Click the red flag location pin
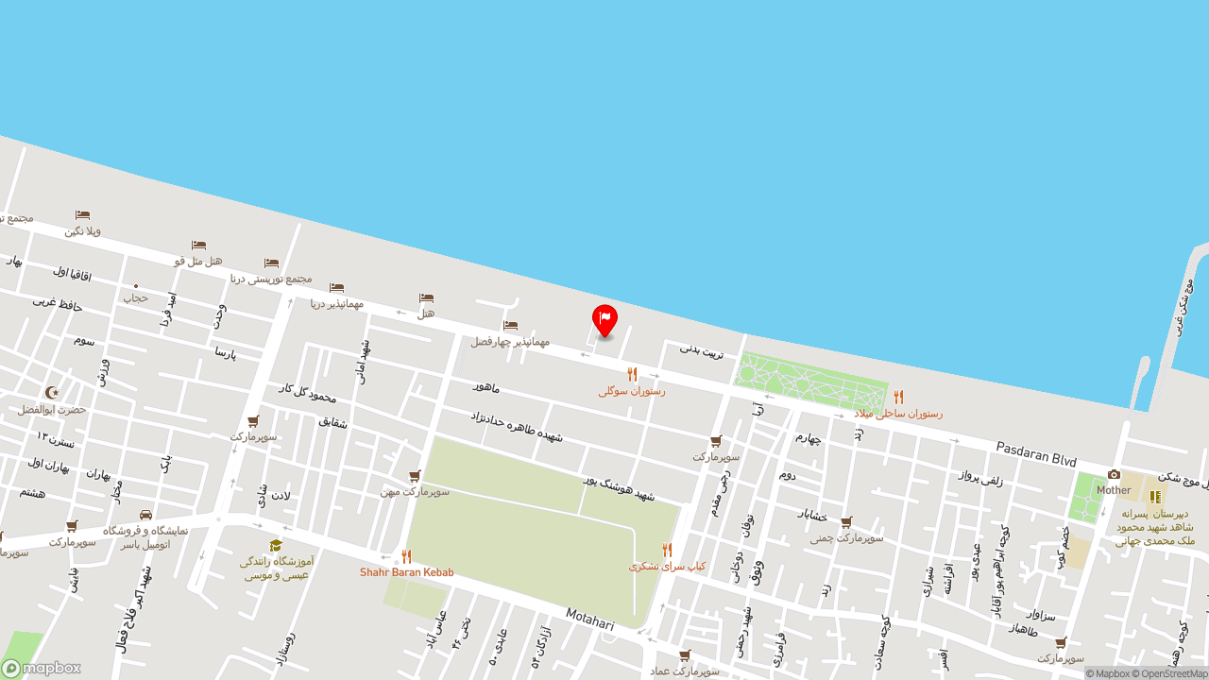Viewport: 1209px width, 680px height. point(604,319)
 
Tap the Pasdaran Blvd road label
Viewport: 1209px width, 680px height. point(1036,453)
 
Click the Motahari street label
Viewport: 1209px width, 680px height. point(590,620)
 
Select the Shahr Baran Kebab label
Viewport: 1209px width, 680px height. point(406,572)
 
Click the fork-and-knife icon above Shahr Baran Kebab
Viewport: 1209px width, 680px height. point(406,556)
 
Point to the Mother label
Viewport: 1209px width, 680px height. point(1114,490)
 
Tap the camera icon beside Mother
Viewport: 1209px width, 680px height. point(1114,475)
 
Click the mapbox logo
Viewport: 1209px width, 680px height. point(42,668)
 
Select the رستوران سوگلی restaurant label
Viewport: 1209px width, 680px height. point(631,390)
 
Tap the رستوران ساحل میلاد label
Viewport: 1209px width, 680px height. point(898,413)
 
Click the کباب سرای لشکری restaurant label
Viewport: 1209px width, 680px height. point(667,566)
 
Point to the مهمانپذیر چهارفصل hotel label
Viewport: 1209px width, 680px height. point(510,341)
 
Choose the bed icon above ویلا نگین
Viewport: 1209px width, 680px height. point(82,215)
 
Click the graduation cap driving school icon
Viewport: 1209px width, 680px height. point(276,545)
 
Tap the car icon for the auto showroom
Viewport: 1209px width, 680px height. point(145,515)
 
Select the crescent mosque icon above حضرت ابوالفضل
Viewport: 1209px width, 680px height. point(52,392)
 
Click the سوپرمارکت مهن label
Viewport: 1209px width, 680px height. point(415,491)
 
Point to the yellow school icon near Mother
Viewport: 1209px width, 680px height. point(1154,497)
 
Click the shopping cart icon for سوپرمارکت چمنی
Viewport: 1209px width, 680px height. point(846,522)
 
